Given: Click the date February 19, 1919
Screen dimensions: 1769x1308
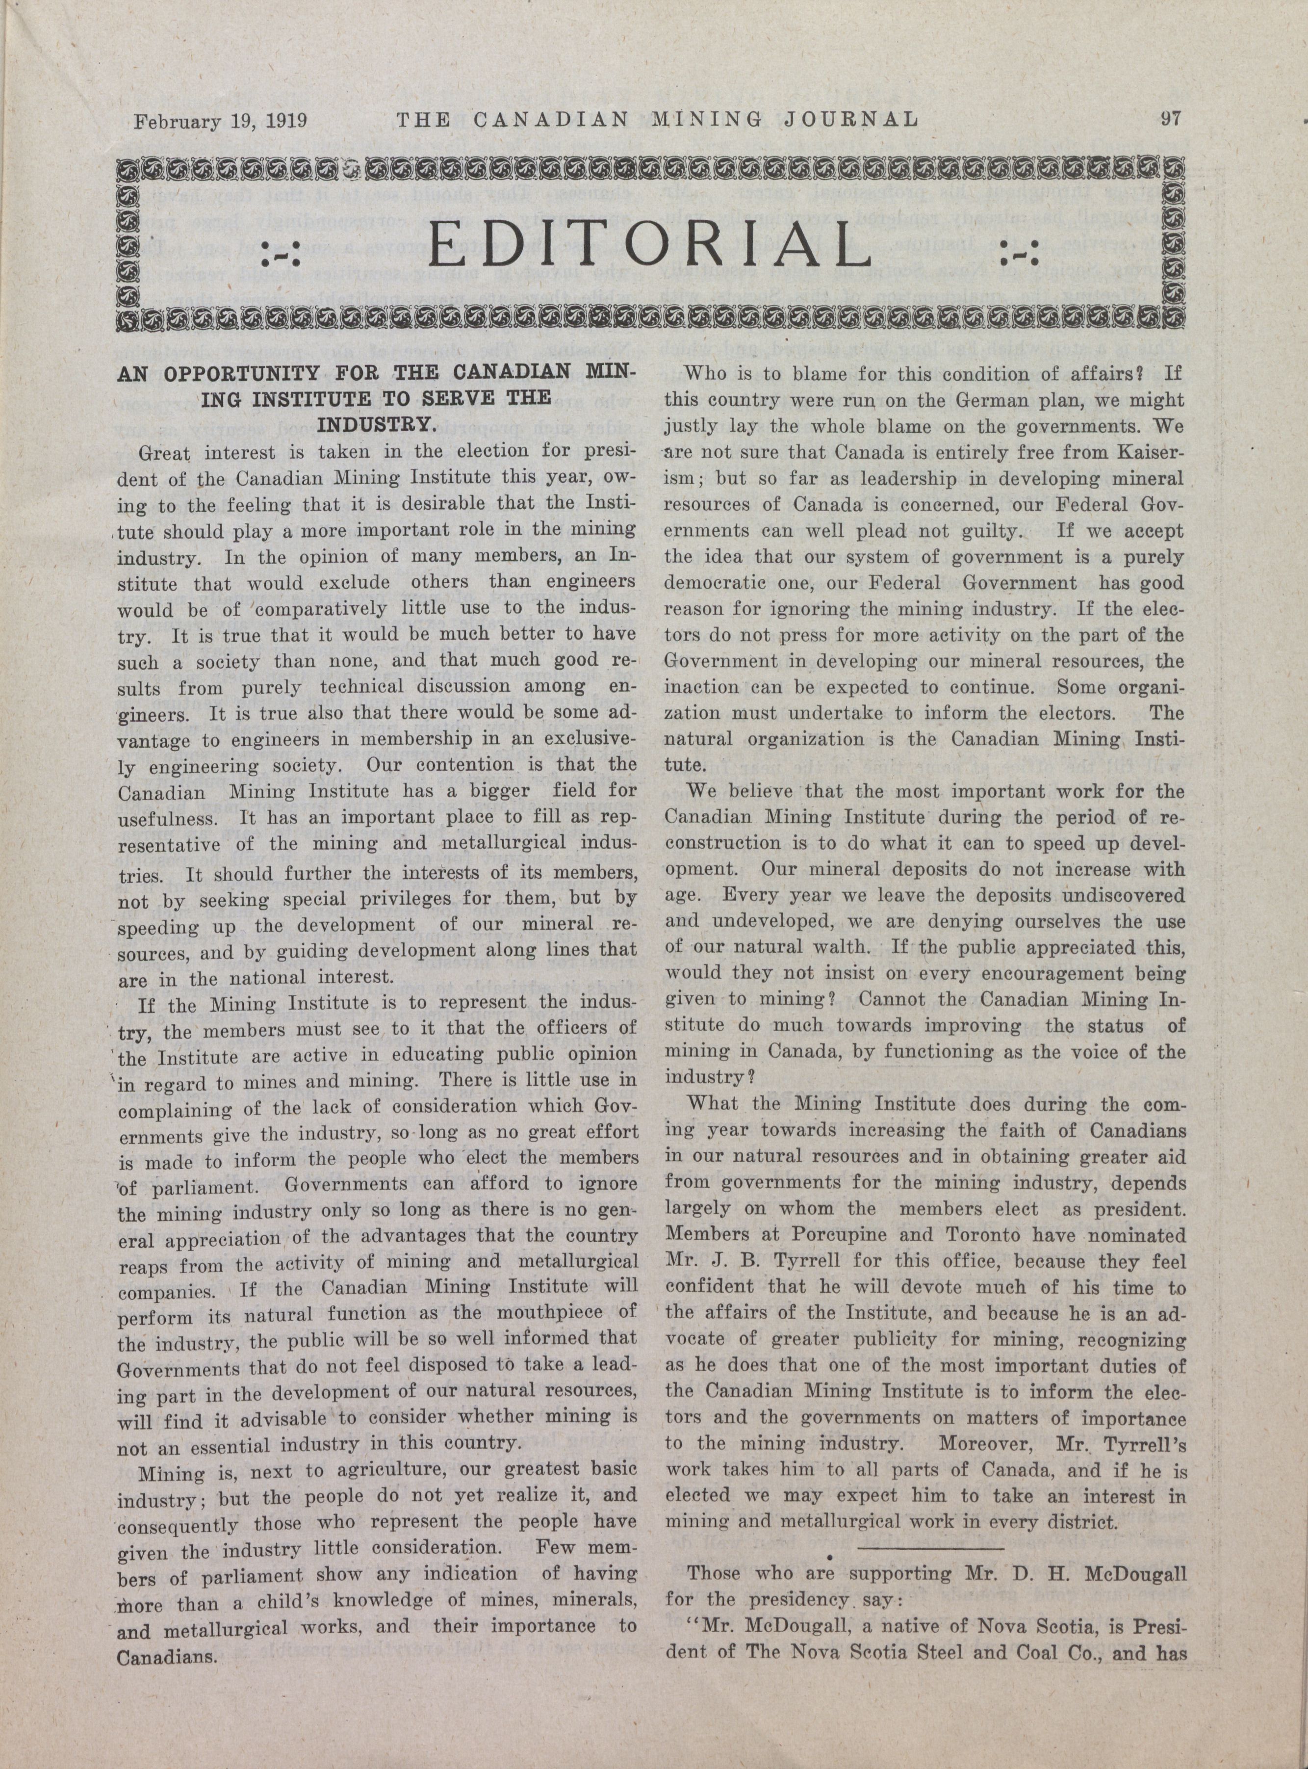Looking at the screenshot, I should [x=220, y=121].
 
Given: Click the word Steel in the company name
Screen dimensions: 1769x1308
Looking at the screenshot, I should [x=984, y=1654].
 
